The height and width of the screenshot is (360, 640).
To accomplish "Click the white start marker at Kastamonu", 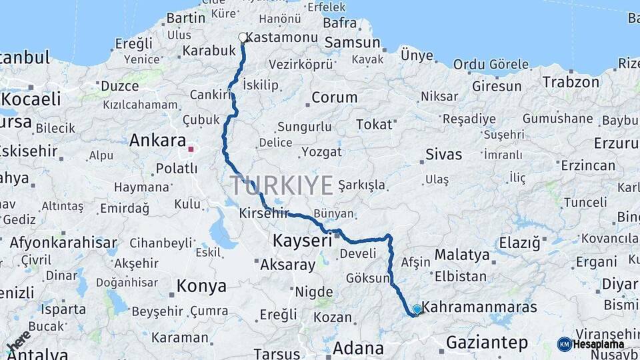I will point(243,37).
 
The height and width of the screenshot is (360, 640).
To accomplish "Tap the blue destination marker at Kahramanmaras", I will point(417,309).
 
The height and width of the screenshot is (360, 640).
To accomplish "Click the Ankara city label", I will point(157,141).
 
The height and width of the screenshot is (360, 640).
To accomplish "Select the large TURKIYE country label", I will point(282,185).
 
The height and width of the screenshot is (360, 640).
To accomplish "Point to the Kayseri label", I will point(302,240).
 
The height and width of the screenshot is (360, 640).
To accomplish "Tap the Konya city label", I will point(201,287).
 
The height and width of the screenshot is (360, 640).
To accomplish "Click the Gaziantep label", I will point(487,343).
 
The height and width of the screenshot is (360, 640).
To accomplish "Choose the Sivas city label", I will point(443,155).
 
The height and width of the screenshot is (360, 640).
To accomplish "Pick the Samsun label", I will point(351,43).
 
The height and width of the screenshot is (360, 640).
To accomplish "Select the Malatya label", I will point(462,254).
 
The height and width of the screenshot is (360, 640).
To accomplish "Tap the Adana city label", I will point(358,348).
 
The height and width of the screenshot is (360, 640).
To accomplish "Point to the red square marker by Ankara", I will point(191,149).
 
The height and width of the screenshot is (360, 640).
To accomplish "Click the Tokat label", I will point(374,125).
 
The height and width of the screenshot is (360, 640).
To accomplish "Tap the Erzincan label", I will point(588,165).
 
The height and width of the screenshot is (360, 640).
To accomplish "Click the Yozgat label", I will point(321,152).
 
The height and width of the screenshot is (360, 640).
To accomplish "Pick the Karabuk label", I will point(209,51).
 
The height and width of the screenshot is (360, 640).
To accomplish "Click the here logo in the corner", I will point(18,341).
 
